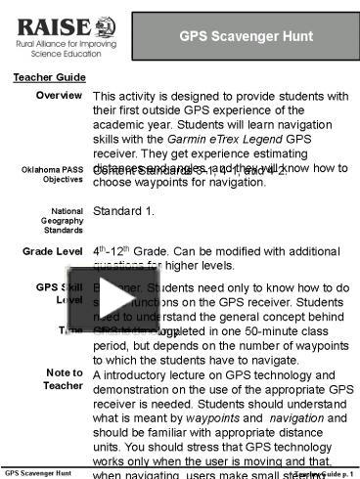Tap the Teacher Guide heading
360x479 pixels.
42,77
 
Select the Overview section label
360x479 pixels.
58,95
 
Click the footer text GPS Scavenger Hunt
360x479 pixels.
36,472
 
